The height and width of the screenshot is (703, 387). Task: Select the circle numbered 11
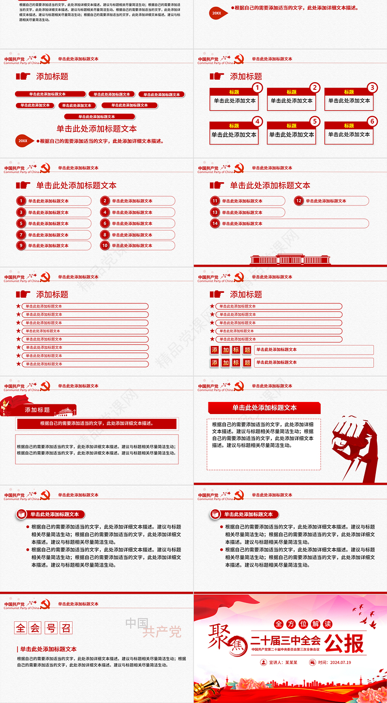pos(215,201)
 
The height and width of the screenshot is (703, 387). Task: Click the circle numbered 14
pos(215,223)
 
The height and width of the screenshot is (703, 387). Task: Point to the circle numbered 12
pos(299,201)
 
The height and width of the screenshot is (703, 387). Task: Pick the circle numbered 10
pos(105,245)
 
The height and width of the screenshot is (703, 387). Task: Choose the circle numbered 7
pos(21,235)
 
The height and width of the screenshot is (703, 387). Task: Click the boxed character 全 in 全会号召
pos(21,628)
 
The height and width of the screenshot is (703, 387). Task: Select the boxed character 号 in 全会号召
pos(51,628)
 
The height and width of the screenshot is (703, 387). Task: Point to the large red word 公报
pos(344,643)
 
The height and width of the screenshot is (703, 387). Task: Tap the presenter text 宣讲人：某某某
pos(283,662)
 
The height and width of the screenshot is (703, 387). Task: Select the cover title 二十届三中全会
pos(285,641)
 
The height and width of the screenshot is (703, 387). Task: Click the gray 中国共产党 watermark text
pos(153,627)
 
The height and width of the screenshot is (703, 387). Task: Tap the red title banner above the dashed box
pos(264,408)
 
